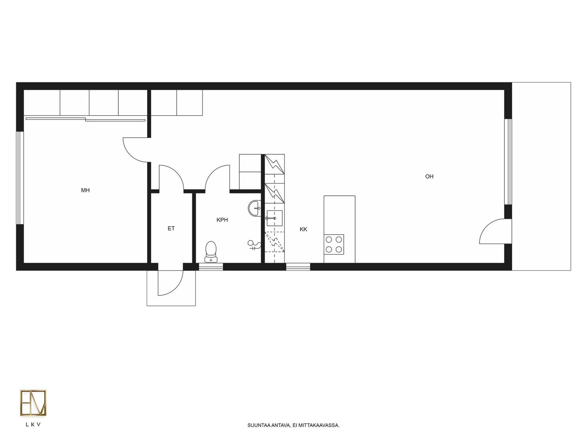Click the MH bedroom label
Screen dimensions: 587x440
[x=85, y=190]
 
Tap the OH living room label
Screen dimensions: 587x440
[x=429, y=176]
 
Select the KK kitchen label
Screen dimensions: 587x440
[x=303, y=229]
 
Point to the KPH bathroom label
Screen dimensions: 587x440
[x=222, y=220]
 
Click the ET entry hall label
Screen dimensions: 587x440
[x=171, y=228]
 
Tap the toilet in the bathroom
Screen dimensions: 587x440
[x=211, y=252]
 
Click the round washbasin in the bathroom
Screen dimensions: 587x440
[x=254, y=208]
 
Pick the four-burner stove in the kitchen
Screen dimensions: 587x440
[x=334, y=245]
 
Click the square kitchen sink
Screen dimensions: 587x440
[x=274, y=218]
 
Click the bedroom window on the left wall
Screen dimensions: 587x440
[x=20, y=178]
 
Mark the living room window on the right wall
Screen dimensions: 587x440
[x=508, y=162]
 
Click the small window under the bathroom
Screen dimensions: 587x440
[x=211, y=267]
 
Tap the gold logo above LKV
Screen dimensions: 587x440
[x=33, y=403]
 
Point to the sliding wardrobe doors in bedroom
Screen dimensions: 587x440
[x=85, y=119]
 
